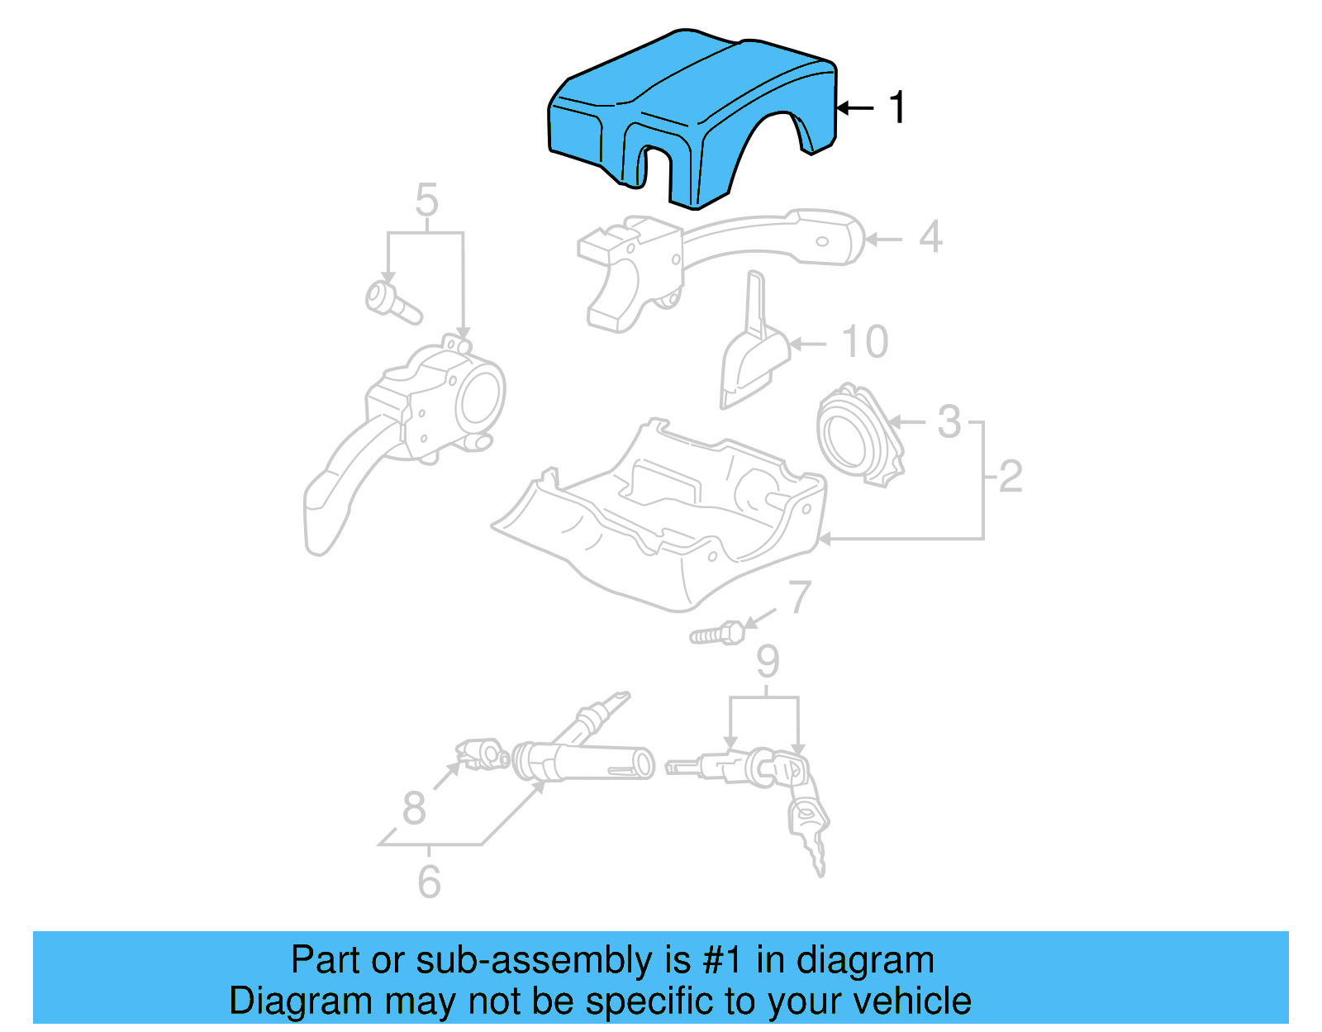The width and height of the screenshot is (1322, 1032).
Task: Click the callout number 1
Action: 896,108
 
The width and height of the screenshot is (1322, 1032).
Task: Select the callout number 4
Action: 930,238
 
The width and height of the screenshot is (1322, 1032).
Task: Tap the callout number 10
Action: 864,342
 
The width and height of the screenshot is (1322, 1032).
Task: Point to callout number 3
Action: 949,422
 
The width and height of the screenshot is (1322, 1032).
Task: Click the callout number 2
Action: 1011,477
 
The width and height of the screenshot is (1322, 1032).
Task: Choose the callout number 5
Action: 426,201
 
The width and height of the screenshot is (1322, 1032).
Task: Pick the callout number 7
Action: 799,597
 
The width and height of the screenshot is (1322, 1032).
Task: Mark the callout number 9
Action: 768,662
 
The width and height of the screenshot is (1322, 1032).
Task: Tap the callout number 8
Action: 414,808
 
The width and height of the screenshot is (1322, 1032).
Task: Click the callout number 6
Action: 429,882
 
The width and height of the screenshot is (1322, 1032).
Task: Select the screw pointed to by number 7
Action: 717,635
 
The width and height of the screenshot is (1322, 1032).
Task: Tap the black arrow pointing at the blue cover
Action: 855,108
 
